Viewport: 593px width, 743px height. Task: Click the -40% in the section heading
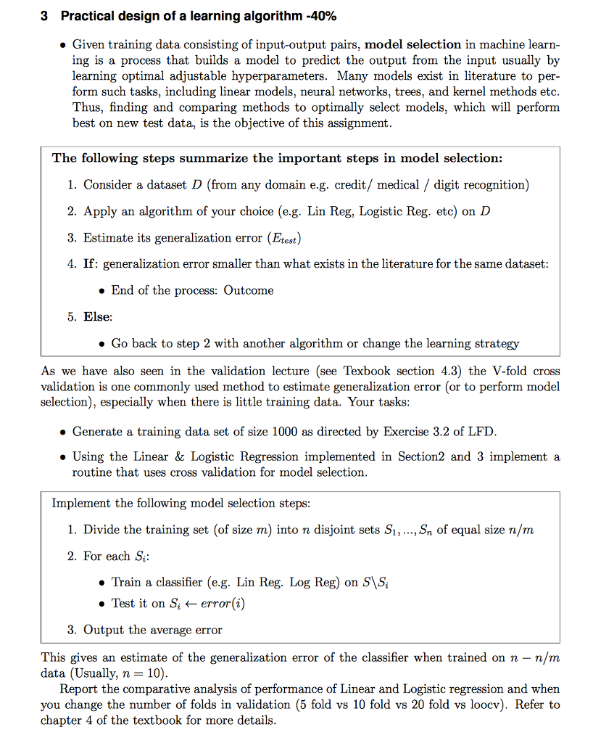pos(317,16)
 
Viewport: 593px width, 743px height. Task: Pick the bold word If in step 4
pos(91,264)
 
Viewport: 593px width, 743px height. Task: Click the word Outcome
pos(249,290)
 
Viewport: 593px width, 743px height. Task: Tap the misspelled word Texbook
pos(370,371)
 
